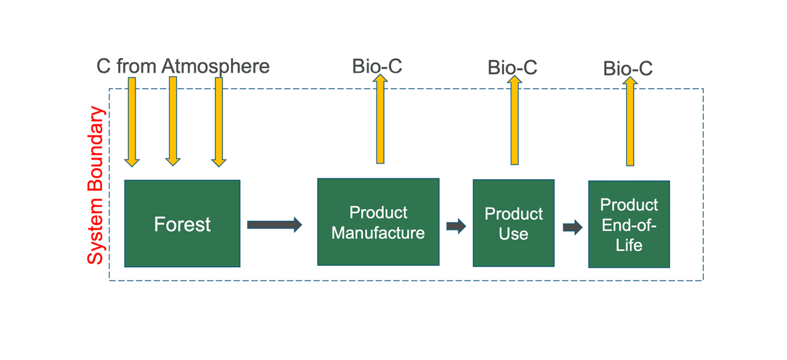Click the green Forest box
pos(182,223)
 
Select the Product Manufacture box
pos(378,222)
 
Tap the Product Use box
pos(513,223)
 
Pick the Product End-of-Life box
pos(629,224)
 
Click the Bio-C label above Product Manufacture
pos(377,66)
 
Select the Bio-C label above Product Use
pos(512,67)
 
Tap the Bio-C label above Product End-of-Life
pos(627,69)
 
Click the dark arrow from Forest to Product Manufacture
pos(274,224)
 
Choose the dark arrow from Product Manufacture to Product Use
pos(456,226)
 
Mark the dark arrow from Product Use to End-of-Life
pos(572,227)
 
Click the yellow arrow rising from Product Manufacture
pos(380,120)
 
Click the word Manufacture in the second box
pos(378,233)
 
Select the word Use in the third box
pos(513,234)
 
